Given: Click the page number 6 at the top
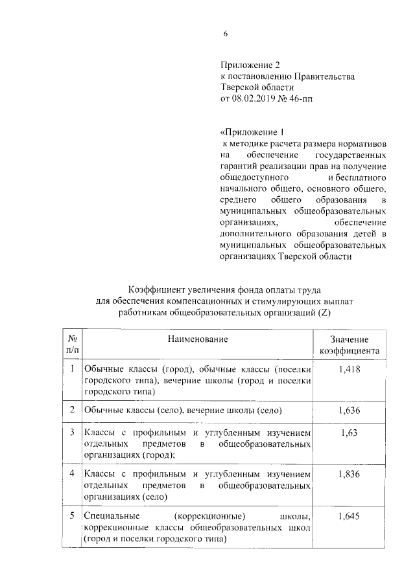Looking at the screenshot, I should tap(226, 34).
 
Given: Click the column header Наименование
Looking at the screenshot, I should tap(197, 339).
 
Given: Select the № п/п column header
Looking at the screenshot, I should tap(73, 344).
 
